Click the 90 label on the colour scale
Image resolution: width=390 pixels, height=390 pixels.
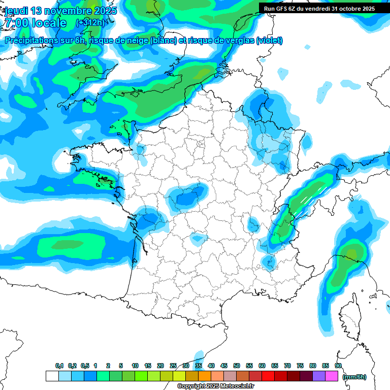(338, 366)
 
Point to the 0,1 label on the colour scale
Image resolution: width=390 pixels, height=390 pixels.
(59, 366)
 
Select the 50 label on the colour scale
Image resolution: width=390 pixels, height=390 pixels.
(237, 366)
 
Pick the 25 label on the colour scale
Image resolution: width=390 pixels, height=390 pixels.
(173, 366)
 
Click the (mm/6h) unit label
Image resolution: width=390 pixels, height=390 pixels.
(354, 377)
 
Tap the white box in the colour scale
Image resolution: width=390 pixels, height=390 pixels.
(52, 376)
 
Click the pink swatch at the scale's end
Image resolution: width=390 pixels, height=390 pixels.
(332, 376)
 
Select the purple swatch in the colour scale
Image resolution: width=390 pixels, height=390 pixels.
(318, 376)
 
